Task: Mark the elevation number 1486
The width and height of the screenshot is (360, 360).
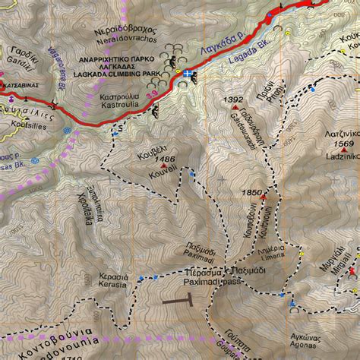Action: tap(165, 158)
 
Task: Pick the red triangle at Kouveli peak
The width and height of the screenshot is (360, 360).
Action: tap(163, 166)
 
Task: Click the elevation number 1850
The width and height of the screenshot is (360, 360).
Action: tap(251, 193)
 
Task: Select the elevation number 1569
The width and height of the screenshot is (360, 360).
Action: tap(344, 144)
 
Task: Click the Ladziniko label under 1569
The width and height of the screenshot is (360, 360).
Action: tap(342, 154)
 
